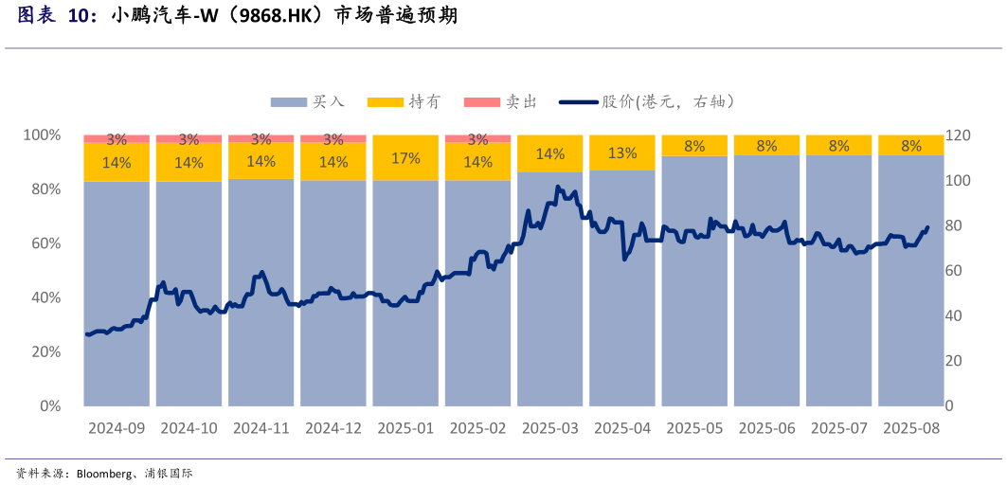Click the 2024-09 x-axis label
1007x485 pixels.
117,428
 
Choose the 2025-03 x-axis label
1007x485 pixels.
549,428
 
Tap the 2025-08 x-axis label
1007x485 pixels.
911,428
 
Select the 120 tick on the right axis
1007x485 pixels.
958,135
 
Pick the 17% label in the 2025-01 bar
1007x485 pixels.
405,158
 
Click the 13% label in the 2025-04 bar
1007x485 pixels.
622,153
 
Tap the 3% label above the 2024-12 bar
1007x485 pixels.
333,139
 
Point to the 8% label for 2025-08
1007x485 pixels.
911,146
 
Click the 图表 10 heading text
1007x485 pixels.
57,16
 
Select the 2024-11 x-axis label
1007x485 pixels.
261,428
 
